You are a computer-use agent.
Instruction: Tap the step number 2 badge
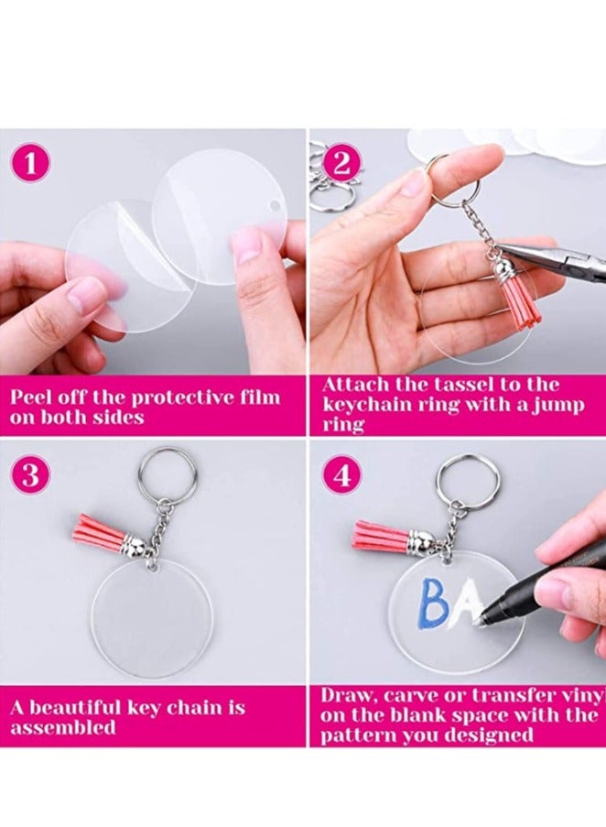click(x=341, y=163)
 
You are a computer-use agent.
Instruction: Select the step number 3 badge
click(x=31, y=475)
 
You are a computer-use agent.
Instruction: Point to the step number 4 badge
click(x=341, y=475)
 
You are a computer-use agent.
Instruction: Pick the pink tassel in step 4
click(x=380, y=535)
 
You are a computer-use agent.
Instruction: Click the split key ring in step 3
click(x=168, y=475)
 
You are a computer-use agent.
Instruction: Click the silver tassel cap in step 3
click(x=134, y=546)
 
